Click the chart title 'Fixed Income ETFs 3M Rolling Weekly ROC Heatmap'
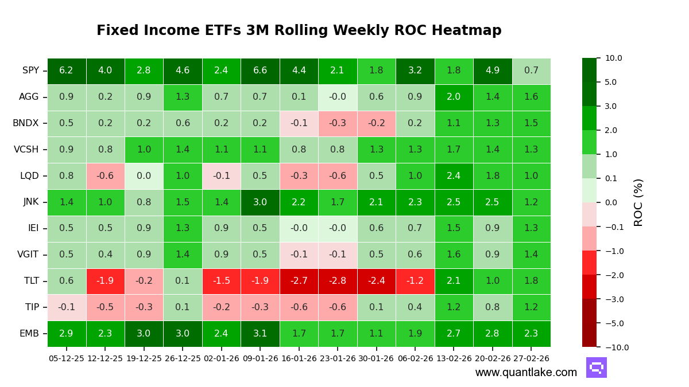point(299,30)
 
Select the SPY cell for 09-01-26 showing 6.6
point(260,71)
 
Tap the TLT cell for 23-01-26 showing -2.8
point(338,281)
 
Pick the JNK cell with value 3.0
point(260,202)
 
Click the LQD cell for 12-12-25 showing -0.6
point(105,176)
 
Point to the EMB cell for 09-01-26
point(260,334)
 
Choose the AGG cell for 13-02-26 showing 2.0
point(454,97)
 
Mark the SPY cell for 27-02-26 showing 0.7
point(531,71)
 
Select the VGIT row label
point(27,255)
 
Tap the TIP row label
point(32,307)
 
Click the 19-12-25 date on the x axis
point(144,358)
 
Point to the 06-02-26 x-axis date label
point(415,358)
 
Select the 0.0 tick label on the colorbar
point(610,202)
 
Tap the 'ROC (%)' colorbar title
point(638,202)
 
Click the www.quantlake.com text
point(526,373)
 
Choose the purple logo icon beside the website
point(596,368)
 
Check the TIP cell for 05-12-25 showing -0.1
point(67,307)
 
